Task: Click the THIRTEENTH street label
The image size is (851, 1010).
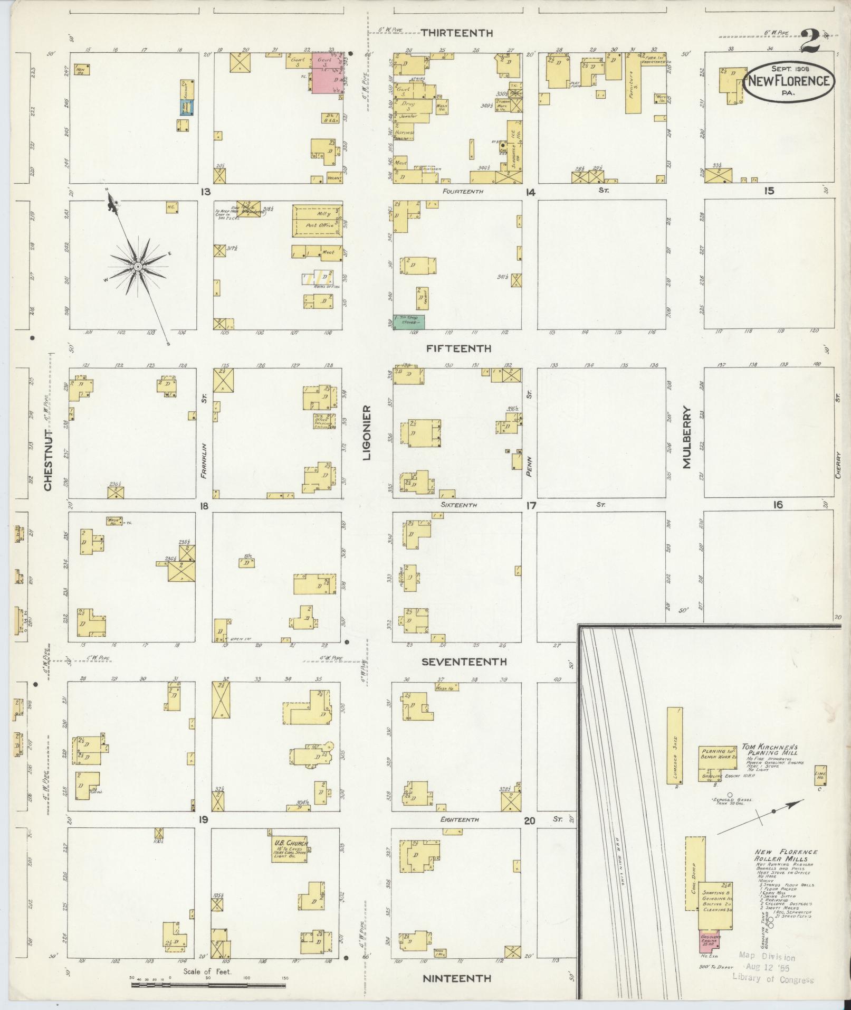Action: (457, 33)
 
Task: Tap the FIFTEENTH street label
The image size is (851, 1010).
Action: (459, 348)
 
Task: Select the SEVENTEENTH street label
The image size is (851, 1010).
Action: (464, 662)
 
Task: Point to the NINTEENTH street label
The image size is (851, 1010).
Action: (457, 978)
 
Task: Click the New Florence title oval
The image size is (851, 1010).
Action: (789, 81)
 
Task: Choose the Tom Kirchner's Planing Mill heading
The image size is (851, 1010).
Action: (770, 751)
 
